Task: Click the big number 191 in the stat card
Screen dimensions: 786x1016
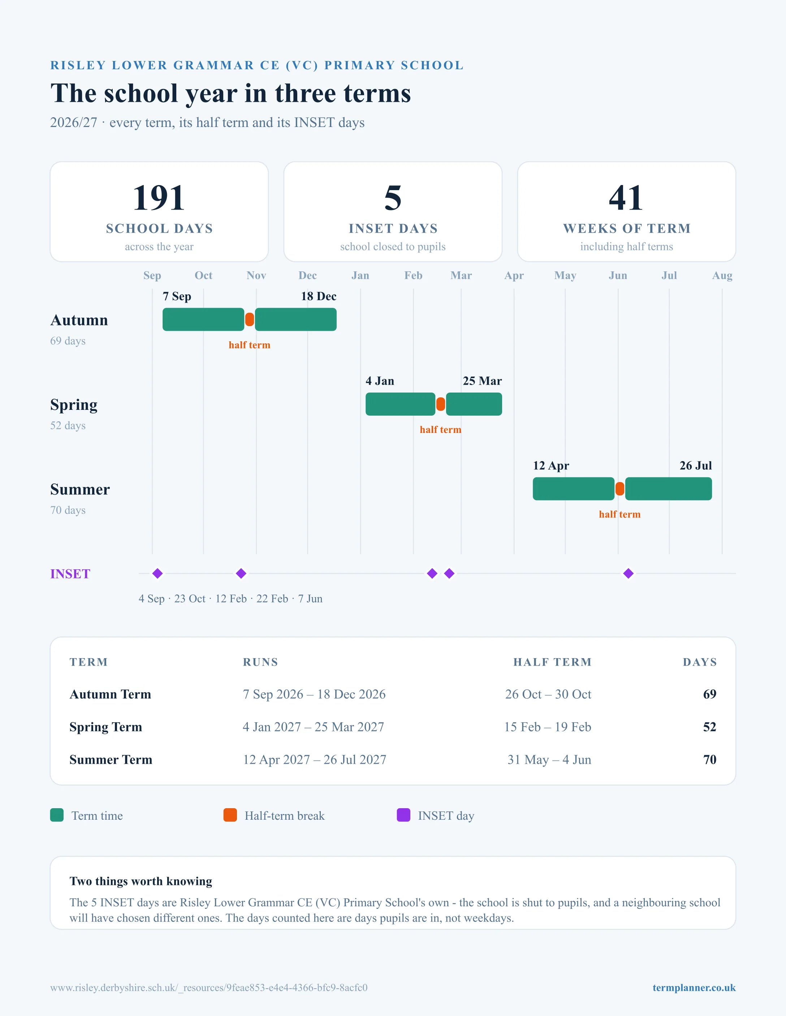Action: [x=159, y=198]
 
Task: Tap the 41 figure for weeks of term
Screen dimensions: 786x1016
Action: [x=626, y=198]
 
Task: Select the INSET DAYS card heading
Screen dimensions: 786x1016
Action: [x=393, y=228]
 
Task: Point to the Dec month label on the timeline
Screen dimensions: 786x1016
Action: [x=307, y=275]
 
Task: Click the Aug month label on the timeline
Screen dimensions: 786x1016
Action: [x=722, y=275]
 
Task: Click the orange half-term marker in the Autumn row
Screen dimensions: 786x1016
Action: [x=250, y=320]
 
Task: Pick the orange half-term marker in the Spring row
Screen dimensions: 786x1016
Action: [x=440, y=404]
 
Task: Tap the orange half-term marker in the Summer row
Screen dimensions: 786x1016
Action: [x=620, y=489]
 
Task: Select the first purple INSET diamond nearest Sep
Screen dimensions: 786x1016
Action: [x=157, y=574]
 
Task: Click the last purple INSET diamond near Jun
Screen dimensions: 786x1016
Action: [x=628, y=574]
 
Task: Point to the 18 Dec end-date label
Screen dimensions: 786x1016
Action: [x=319, y=296]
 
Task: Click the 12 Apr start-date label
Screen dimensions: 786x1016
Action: [x=551, y=466]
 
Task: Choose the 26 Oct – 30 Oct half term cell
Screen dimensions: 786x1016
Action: [x=548, y=694]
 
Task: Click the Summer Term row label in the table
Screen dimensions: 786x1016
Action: [x=111, y=760]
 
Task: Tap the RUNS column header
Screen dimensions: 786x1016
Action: [x=260, y=662]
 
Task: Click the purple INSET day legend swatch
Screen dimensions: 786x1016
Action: [x=403, y=815]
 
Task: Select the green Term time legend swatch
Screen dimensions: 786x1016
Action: [x=57, y=815]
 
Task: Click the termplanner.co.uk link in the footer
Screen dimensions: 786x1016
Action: [x=694, y=987]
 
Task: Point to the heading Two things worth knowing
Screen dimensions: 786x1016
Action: [x=141, y=881]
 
